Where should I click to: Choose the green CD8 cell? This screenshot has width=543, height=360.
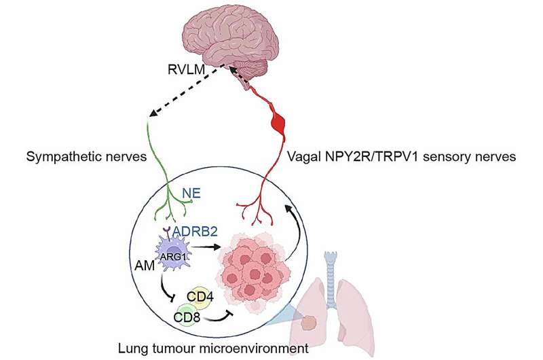tap(183, 315)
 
